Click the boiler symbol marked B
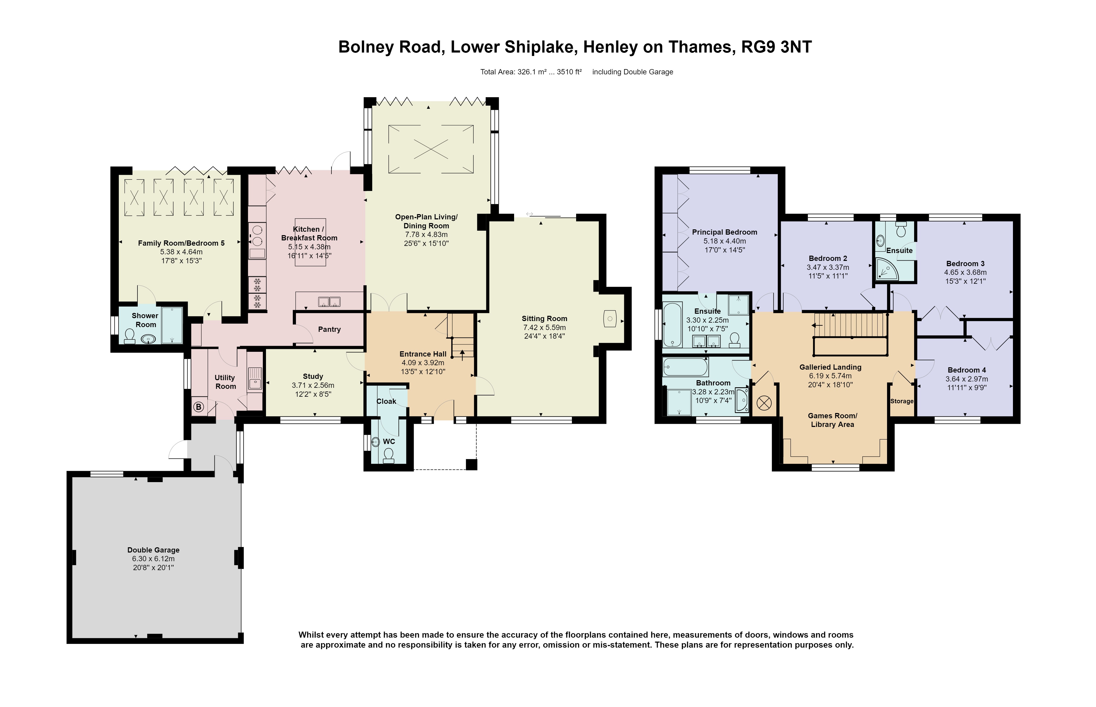coord(198,407)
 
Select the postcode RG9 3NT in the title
coord(776,47)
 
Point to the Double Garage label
coord(153,550)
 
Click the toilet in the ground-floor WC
coord(388,455)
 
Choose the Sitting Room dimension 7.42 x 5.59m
coord(545,327)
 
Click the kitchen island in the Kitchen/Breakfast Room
coord(310,242)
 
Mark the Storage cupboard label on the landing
coord(902,401)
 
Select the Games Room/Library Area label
coord(832,420)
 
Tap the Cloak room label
coord(386,401)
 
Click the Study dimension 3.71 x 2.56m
coord(313,385)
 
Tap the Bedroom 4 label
coord(966,370)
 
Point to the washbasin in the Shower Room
coord(148,339)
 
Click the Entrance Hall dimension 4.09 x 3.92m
coord(423,363)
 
